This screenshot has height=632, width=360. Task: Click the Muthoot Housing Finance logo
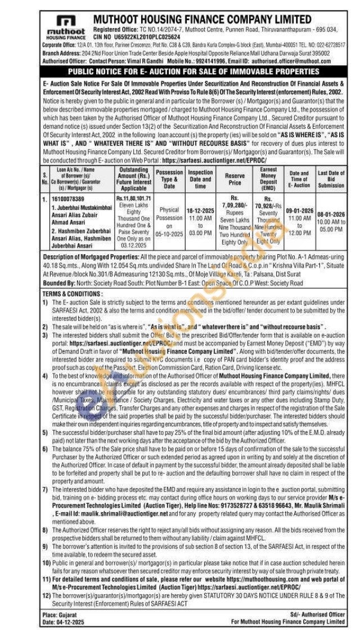point(66,26)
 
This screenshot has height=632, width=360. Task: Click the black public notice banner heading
point(193,72)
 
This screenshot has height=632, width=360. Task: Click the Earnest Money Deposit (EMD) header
point(268,179)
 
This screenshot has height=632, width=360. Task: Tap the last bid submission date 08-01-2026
point(331,214)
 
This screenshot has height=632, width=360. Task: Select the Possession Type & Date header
point(169,179)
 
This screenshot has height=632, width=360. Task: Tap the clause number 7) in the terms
point(46,475)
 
